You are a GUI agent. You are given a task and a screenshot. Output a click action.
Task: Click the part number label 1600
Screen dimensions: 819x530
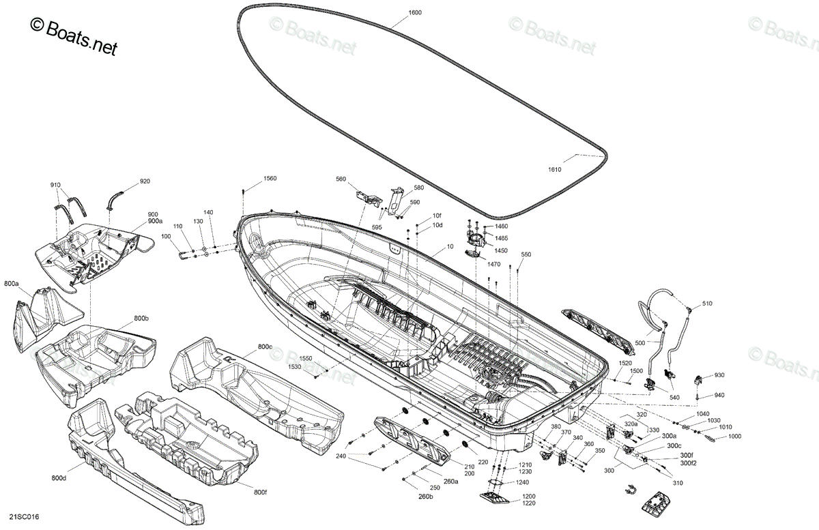point(415,12)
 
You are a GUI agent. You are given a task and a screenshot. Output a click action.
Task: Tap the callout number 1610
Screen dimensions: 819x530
point(554,170)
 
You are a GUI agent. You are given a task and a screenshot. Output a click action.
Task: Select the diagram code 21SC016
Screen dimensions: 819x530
point(24,517)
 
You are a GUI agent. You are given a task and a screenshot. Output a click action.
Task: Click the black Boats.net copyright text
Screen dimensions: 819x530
point(74,37)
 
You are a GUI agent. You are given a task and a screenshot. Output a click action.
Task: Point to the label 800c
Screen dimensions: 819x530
point(265,347)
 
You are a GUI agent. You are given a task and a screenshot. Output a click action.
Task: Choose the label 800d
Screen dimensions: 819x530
point(59,478)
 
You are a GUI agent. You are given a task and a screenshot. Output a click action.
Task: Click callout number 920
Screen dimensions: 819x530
point(145,181)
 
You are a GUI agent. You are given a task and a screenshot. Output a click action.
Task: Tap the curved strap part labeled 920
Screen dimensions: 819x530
point(115,201)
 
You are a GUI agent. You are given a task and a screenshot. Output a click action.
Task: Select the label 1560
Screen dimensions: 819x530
point(270,179)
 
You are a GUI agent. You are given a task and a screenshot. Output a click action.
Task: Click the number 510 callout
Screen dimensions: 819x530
point(707,304)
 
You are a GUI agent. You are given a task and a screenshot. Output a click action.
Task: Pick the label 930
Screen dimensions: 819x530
point(719,375)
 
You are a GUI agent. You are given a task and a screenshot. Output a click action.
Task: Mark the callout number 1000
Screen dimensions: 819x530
point(734,436)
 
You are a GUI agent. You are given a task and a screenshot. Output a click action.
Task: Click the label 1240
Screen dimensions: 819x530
point(522,482)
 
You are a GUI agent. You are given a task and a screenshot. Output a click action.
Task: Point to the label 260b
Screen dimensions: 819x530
point(426,497)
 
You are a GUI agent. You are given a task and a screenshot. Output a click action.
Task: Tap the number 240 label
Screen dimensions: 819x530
point(341,456)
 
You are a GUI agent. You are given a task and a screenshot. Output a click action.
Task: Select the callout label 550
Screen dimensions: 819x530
point(526,254)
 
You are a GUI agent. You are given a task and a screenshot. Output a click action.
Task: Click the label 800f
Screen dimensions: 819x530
point(260,492)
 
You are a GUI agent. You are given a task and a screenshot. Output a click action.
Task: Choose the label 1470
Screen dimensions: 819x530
point(493,264)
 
